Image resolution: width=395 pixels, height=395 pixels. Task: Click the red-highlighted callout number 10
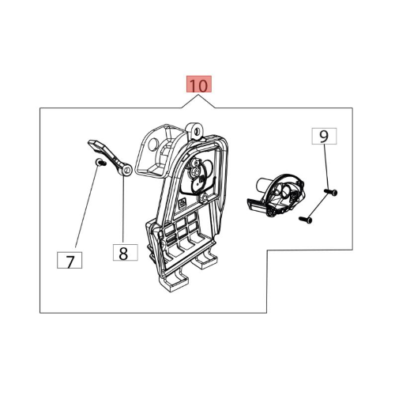pos(199,85)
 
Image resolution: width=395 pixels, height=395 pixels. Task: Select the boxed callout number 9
pos(324,136)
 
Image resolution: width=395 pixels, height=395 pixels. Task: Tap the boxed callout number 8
pos(126,253)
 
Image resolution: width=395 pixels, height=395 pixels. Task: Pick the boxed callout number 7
pos(70,260)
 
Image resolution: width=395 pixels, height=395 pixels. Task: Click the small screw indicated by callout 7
pos(100,163)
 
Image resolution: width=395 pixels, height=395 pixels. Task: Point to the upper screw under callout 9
pos(331,192)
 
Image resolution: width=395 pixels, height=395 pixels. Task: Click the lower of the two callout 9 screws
pos(306,220)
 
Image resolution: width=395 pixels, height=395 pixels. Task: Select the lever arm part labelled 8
pos(111,157)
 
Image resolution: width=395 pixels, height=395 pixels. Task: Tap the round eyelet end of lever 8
pos(127,170)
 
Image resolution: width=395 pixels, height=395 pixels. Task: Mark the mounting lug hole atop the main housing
pos(197,130)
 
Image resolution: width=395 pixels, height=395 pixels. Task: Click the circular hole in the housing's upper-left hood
pos(152,144)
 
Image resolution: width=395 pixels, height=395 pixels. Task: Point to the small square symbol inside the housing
pos(182,202)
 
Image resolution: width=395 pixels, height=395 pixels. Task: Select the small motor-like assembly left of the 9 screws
pos(276,195)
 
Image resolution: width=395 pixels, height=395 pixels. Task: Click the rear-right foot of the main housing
pos(206,258)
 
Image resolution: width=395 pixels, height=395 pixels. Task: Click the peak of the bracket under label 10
pos(198,96)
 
